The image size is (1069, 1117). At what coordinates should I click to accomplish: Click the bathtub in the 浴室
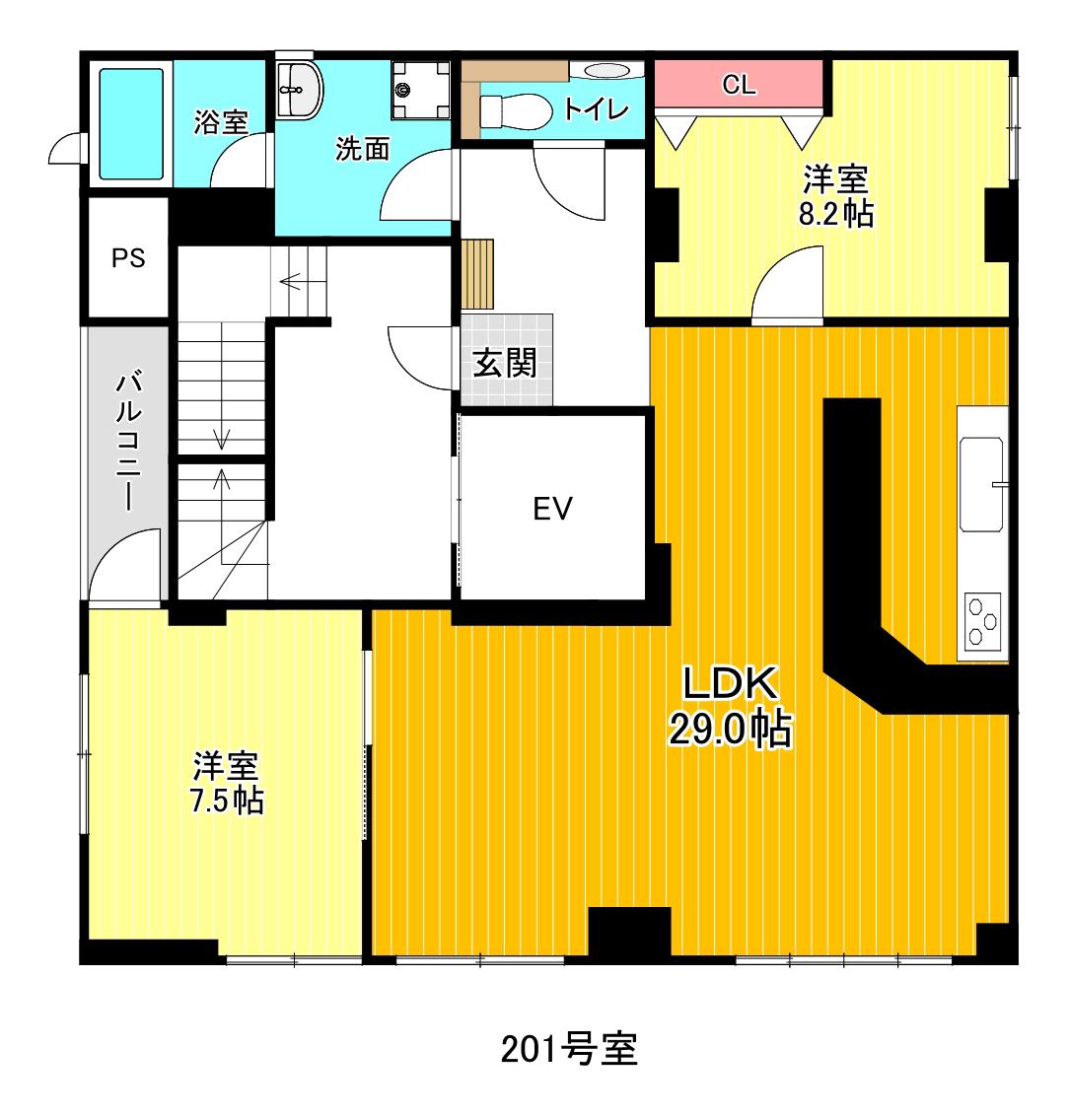coord(131,123)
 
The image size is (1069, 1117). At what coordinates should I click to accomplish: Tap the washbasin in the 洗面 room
coord(300,91)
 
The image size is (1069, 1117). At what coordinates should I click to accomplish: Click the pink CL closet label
coord(739,85)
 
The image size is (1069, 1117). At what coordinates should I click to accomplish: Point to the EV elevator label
coord(552,509)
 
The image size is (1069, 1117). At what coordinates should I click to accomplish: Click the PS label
coord(128,258)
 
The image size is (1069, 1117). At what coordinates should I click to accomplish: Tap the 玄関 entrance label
coord(505,364)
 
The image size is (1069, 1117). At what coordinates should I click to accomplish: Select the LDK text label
coord(730,682)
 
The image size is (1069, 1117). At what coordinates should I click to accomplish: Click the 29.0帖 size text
coord(730,728)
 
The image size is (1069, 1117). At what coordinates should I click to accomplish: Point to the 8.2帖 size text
coord(836,213)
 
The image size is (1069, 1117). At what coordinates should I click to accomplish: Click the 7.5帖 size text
coord(227,801)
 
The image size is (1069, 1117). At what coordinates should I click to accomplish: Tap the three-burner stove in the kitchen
coord(983,622)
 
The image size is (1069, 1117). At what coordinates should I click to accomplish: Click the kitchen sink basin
coord(981,484)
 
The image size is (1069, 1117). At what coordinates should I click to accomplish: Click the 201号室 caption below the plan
coord(569,1049)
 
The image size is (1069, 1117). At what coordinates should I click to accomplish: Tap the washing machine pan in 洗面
coord(421,90)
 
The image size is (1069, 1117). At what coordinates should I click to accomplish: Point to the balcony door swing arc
coord(124,564)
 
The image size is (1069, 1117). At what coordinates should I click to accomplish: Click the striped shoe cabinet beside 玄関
coord(476,273)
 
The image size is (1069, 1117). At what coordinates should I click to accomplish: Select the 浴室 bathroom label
coord(221,122)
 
